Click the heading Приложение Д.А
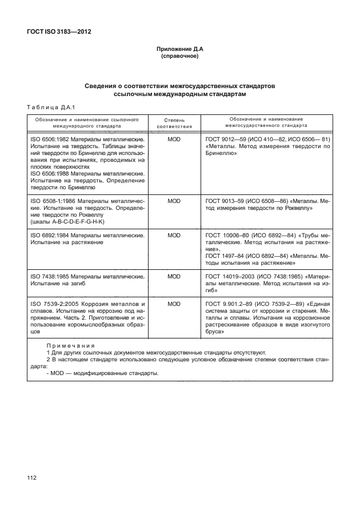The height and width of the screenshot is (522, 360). [180, 50]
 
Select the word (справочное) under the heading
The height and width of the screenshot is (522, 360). [180, 57]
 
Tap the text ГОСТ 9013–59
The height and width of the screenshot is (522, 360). [225, 201]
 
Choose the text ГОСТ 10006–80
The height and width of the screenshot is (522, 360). [227, 235]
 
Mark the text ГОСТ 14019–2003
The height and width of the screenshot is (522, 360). [230, 276]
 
